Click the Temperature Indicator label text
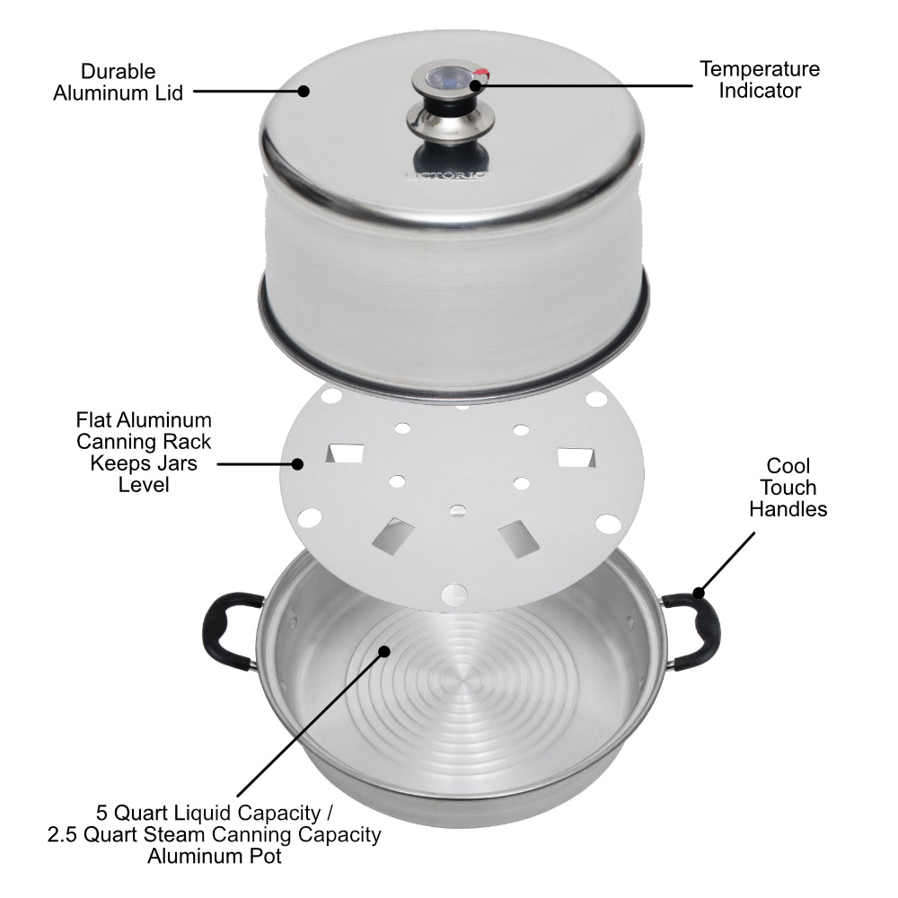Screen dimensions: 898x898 tap(760, 79)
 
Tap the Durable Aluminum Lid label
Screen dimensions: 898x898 tap(118, 82)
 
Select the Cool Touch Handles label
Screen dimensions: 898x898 tap(788, 488)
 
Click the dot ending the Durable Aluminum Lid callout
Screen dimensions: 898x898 tap(304, 90)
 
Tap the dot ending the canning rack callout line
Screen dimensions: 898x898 tap(298, 463)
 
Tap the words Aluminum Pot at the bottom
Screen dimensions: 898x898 tap(214, 857)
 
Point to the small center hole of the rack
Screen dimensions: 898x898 tap(457, 511)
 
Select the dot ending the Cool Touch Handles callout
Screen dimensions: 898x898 tap(698, 592)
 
